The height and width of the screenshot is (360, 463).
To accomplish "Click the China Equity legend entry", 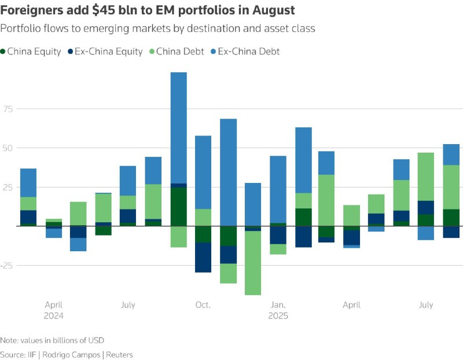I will coord(34,52).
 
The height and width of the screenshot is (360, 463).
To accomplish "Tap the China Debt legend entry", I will coord(181,52).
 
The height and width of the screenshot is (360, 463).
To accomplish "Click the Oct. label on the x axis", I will coord(203,305).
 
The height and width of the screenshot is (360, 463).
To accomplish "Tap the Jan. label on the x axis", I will coord(278,305).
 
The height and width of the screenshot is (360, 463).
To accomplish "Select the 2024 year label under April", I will coord(53,316).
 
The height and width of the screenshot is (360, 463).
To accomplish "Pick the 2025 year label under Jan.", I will coord(278,316).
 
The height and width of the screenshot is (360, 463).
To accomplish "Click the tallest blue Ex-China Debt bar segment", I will coord(178,127).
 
